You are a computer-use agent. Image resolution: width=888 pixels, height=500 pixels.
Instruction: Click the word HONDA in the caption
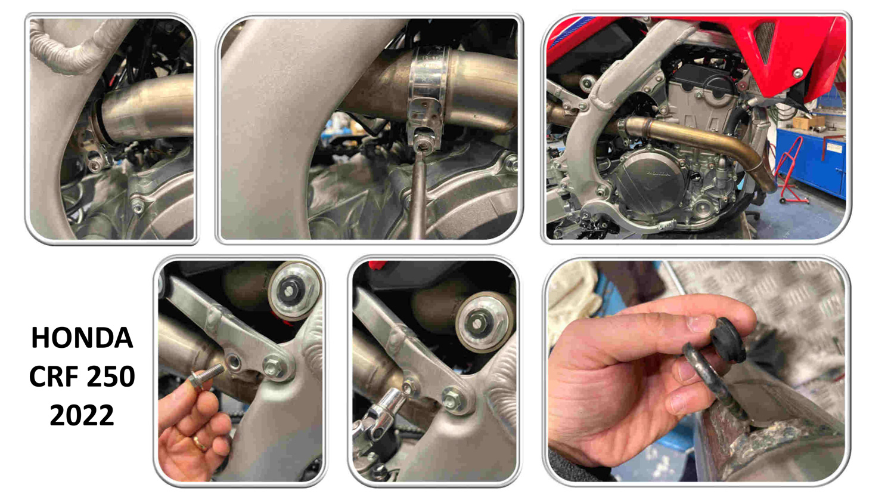(x=82, y=338)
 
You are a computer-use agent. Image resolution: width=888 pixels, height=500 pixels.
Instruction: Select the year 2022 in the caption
(x=82, y=415)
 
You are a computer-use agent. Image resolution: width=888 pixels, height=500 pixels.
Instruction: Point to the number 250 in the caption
(x=111, y=376)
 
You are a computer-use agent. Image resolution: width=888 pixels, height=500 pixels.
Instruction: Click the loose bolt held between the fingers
(x=206, y=375)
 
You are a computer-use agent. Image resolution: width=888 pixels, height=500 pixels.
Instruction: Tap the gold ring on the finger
(x=200, y=443)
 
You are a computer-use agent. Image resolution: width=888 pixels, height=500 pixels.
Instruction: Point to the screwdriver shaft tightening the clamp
(x=419, y=195)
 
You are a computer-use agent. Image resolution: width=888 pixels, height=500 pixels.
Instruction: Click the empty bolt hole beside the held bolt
(x=234, y=362)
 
